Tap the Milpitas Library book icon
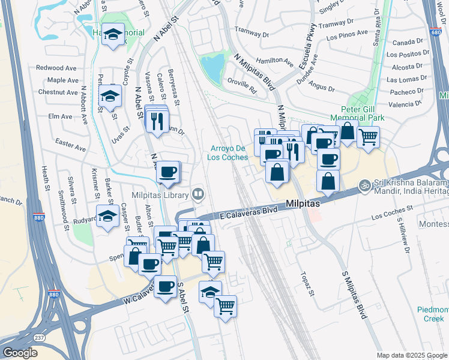197,194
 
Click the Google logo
20,353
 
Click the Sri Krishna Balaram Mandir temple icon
363,184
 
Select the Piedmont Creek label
433,314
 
